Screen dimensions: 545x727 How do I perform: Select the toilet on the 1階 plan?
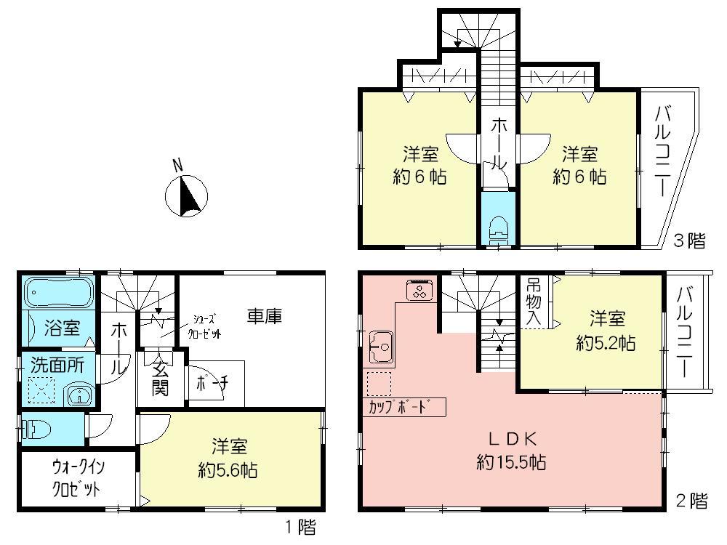pyautogui.click(x=36, y=429)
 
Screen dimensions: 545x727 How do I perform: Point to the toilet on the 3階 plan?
pyautogui.click(x=499, y=229)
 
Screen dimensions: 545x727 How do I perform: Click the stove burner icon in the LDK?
pyautogui.click(x=420, y=292)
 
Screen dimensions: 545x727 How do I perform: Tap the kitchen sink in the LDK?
pyautogui.click(x=381, y=347)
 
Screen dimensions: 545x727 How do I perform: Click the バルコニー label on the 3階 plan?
pyautogui.click(x=662, y=152)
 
